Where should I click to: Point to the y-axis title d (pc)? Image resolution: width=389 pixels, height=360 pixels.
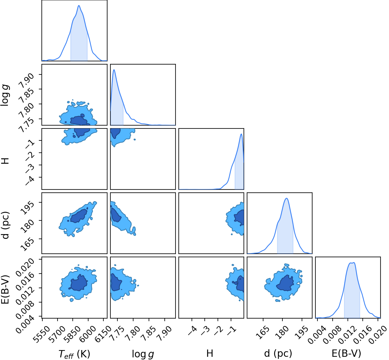(6, 225)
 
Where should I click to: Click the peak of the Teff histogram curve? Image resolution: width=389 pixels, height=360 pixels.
(79, 5)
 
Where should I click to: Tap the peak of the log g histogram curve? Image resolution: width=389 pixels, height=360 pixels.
(114, 69)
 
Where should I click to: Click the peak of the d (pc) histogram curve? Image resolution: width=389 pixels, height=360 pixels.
(287, 198)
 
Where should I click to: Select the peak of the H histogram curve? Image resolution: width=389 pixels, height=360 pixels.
(241, 134)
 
